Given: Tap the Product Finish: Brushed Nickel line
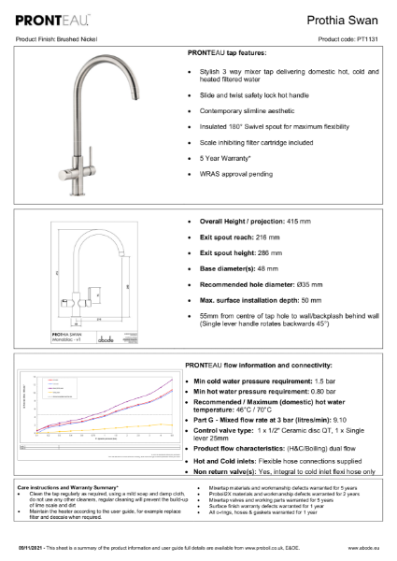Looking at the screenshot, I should pyautogui.click(x=58, y=39).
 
